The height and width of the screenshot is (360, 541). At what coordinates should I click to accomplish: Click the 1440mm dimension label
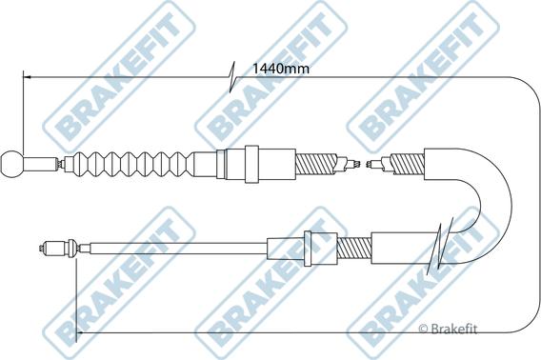click(281, 69)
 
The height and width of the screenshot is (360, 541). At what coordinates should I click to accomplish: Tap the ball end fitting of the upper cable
click(12, 164)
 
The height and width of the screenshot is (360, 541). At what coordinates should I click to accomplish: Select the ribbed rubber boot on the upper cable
click(132, 164)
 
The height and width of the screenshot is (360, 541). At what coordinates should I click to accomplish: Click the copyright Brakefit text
click(448, 329)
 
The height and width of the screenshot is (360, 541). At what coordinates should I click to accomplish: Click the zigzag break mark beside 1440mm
click(232, 77)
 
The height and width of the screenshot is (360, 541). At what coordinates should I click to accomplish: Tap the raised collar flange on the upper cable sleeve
click(251, 164)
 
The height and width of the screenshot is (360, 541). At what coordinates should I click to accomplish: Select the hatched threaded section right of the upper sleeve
click(316, 164)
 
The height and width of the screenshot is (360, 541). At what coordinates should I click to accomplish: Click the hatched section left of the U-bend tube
click(407, 164)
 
